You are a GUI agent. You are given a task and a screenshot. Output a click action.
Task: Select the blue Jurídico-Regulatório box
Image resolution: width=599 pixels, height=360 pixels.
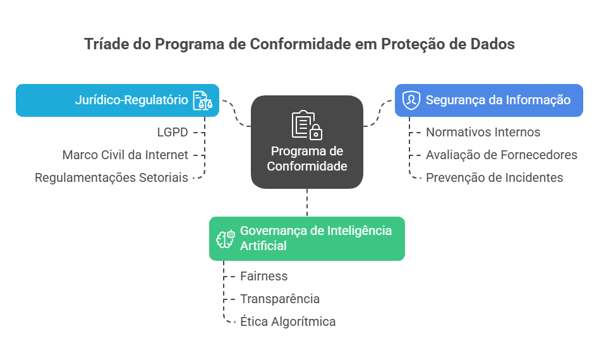click(118, 100)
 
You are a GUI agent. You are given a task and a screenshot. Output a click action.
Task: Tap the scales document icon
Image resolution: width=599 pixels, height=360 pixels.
click(202, 100)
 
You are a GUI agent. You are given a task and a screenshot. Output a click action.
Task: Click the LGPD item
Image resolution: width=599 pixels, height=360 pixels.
click(172, 132)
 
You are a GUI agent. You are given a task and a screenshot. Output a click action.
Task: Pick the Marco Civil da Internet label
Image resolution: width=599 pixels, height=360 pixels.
click(125, 155)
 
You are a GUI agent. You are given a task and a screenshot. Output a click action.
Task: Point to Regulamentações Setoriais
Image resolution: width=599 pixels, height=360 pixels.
click(111, 178)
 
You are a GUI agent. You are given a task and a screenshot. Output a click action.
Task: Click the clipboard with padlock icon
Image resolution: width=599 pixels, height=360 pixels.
click(306, 125)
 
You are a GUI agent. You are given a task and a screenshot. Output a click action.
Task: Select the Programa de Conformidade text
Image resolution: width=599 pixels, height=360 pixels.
click(306, 159)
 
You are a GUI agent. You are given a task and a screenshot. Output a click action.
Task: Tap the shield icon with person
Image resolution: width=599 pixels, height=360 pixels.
click(411, 100)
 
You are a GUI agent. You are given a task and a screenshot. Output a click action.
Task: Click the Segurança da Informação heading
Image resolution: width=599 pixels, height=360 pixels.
click(498, 100)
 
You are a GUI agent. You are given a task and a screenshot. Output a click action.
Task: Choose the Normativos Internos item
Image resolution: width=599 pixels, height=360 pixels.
click(483, 132)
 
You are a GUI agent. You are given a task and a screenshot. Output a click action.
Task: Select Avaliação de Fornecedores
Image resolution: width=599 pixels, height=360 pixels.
click(501, 155)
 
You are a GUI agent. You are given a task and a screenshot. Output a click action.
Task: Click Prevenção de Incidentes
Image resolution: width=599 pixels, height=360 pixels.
click(494, 178)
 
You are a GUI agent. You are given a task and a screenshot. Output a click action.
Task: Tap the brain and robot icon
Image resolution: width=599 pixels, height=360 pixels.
click(226, 239)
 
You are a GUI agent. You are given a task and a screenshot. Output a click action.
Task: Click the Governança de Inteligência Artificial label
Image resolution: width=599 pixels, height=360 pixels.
click(315, 238)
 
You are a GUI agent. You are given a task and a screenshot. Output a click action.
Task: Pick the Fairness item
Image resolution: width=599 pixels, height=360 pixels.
click(263, 276)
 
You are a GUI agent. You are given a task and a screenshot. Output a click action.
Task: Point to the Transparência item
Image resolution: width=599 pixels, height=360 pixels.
click(280, 299)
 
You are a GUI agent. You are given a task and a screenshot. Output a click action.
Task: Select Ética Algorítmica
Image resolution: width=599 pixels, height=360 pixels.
click(287, 321)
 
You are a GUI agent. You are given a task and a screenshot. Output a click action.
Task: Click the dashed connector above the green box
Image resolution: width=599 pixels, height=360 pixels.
click(307, 203)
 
